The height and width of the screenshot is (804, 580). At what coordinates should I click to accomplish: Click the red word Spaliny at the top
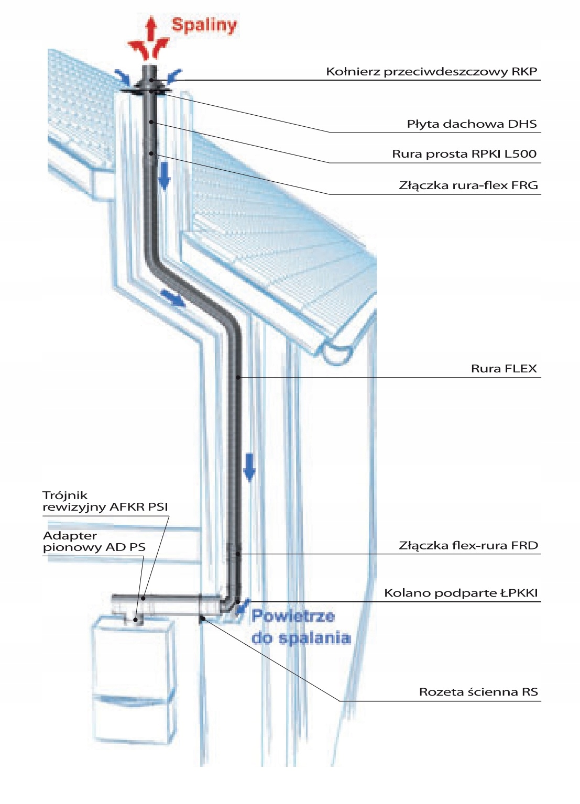[204, 25]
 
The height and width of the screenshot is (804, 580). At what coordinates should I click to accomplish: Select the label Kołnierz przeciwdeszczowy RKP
[431, 72]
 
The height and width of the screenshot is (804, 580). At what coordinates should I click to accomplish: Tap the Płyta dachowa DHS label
[472, 124]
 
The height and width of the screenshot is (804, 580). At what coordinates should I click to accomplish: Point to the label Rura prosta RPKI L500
[464, 154]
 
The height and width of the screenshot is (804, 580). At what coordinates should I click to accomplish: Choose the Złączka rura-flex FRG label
[468, 185]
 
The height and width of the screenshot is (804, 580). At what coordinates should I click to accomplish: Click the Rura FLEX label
[504, 369]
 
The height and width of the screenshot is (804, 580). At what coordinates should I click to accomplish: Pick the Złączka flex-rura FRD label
[468, 546]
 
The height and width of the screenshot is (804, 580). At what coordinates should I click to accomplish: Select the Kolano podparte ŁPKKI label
[461, 593]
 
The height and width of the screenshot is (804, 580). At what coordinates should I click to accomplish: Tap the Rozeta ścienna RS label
[478, 692]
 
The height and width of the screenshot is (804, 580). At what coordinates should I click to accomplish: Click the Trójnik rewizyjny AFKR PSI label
[105, 501]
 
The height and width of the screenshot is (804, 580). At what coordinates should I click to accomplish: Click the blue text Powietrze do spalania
[300, 627]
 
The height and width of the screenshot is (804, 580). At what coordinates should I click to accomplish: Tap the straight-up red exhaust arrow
[151, 29]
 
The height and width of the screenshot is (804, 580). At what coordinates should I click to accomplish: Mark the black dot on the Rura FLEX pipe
[238, 377]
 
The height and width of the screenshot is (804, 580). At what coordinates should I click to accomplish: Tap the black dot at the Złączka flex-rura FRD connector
[238, 554]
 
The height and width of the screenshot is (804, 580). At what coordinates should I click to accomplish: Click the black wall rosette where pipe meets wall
[202, 619]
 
